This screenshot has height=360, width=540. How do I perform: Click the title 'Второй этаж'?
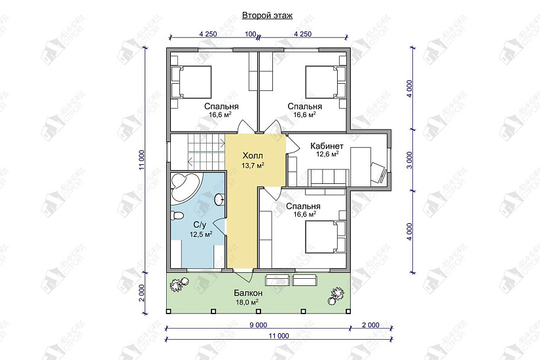(x=267, y=16)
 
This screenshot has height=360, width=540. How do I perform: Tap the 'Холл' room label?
(x=253, y=155)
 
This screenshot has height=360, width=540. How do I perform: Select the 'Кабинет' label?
(x=327, y=146)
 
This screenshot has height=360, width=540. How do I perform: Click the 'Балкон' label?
(x=248, y=293)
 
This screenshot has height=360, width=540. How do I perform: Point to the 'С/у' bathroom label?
(x=200, y=225)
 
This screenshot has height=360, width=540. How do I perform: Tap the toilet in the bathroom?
(x=177, y=215)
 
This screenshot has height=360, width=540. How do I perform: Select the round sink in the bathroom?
(x=219, y=199)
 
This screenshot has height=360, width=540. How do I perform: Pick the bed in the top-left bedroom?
(x=191, y=82)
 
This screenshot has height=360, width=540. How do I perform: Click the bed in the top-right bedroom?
(x=325, y=82)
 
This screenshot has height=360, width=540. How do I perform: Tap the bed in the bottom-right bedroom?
(x=325, y=237)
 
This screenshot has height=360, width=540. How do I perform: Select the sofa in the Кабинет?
(x=327, y=177)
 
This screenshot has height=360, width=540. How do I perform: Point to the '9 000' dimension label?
(x=258, y=325)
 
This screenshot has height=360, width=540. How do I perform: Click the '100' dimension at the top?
(x=251, y=34)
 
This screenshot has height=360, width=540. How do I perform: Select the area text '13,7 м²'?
(x=253, y=166)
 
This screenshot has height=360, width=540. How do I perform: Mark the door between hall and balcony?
(x=243, y=274)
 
